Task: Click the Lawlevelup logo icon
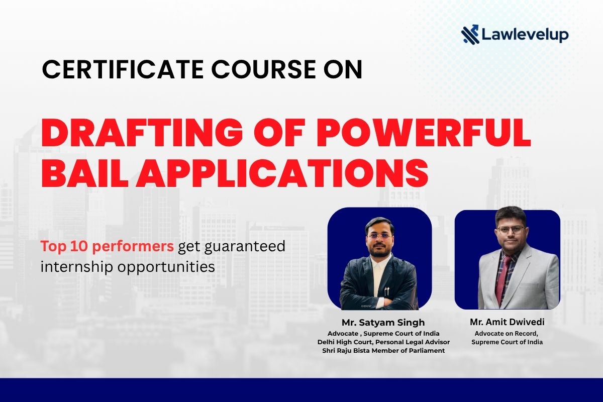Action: point(471,35)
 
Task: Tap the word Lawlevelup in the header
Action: point(525,35)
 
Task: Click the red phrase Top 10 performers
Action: point(108,247)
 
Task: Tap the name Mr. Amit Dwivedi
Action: point(507,322)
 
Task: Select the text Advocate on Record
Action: point(507,333)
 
